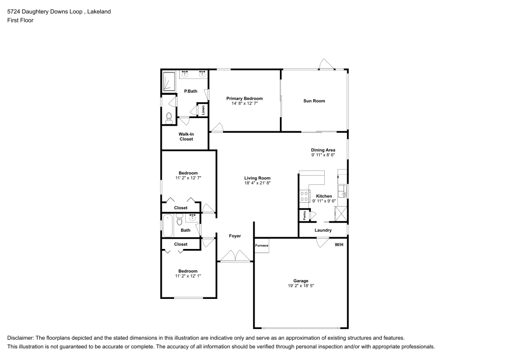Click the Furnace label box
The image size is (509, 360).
pos(262,246)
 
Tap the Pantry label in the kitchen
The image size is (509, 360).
pos(305,215)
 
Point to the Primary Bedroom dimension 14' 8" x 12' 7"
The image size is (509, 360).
pos(244,104)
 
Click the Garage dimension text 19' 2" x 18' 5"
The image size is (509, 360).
pos(300,286)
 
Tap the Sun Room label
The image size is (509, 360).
pos(314,101)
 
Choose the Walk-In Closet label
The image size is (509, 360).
pos(186,136)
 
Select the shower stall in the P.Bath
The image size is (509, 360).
pos(169,81)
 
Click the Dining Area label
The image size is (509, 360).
pos(323,150)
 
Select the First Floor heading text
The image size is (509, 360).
pos(20,20)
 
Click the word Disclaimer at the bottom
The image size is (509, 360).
pos(20,338)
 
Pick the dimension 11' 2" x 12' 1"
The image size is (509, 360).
pos(188,276)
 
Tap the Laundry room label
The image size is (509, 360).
pos(323,231)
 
